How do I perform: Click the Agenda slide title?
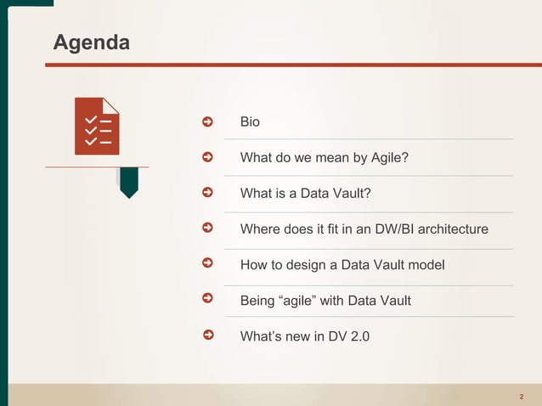click(x=92, y=42)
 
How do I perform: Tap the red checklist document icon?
click(x=97, y=127)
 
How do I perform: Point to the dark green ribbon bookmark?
click(x=128, y=182)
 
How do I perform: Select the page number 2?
click(x=521, y=397)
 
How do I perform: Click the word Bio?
click(x=250, y=122)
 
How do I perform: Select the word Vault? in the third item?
click(x=353, y=194)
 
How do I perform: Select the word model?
click(x=426, y=265)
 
